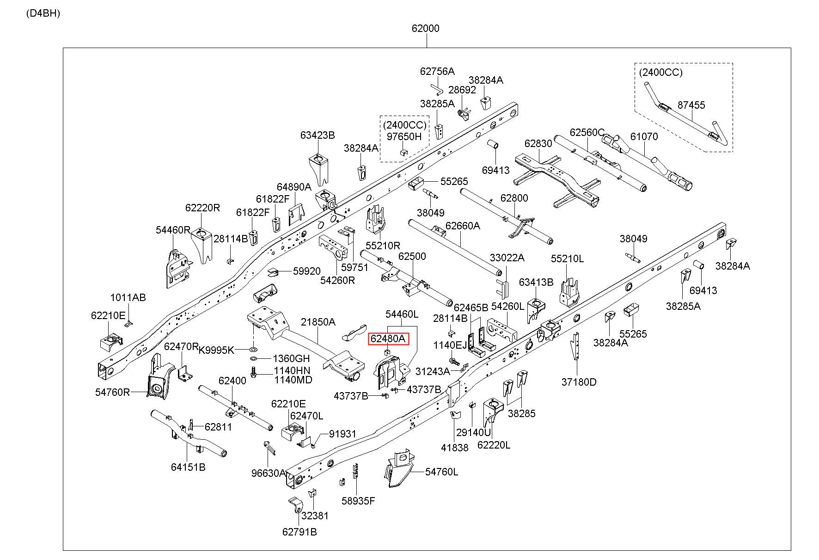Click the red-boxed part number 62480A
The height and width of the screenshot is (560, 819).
pos(388,339)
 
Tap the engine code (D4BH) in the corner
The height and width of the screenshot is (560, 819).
pos(43,13)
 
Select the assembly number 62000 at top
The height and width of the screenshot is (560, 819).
pos(426,28)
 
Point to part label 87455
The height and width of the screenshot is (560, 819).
pos(691,105)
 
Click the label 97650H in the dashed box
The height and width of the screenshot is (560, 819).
pos(404,136)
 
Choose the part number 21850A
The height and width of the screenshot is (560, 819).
pos(318,322)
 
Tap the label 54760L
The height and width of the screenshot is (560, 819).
pos(442,472)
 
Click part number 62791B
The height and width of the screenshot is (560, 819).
pos(299,532)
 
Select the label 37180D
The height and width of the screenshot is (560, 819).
pos(579,382)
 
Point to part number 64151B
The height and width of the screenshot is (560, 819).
pos(188,467)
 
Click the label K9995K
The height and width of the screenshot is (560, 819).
pos(216,350)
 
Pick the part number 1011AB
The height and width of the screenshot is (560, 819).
pos(128,297)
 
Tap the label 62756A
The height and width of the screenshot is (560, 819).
pos(437,71)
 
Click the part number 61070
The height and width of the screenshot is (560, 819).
pos(644,136)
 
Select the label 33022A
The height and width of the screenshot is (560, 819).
pos(507,258)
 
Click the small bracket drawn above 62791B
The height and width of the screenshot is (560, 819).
pos(294,505)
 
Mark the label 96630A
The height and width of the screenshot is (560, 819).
pos(269,473)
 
